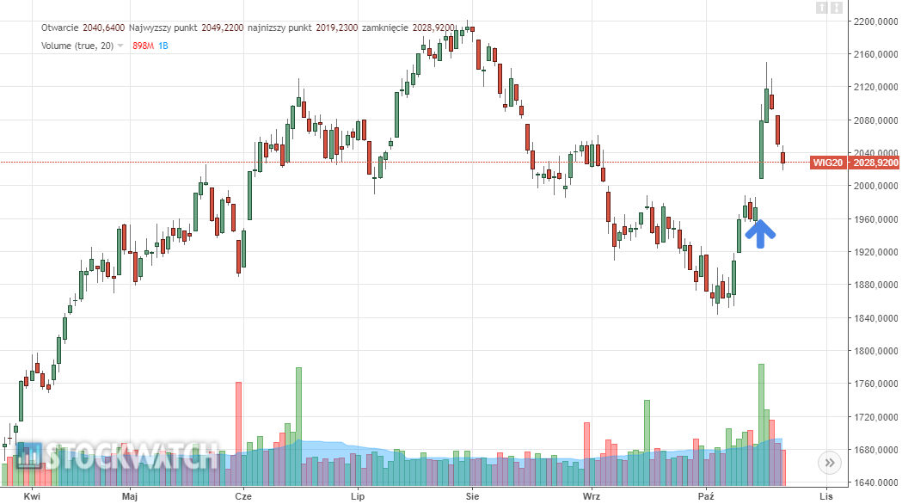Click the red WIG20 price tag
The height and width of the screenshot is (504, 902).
[855, 163]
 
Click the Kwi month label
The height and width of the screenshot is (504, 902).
[33, 496]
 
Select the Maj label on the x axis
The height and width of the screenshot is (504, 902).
[130, 496]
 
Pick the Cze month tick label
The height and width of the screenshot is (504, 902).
[242, 496]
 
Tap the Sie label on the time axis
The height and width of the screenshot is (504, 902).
[471, 496]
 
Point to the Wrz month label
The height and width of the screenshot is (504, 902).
[591, 496]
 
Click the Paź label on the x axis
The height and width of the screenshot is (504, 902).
[706, 496]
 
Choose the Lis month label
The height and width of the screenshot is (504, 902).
[826, 496]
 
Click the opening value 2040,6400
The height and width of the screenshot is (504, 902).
[104, 28]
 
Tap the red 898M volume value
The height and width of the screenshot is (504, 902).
[143, 46]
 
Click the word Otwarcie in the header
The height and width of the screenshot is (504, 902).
[60, 28]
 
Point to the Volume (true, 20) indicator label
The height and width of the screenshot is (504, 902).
[77, 46]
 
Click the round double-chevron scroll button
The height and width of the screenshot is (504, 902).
[830, 463]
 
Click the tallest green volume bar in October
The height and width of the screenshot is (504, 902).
[761, 421]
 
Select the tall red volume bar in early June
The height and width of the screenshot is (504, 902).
[238, 430]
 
